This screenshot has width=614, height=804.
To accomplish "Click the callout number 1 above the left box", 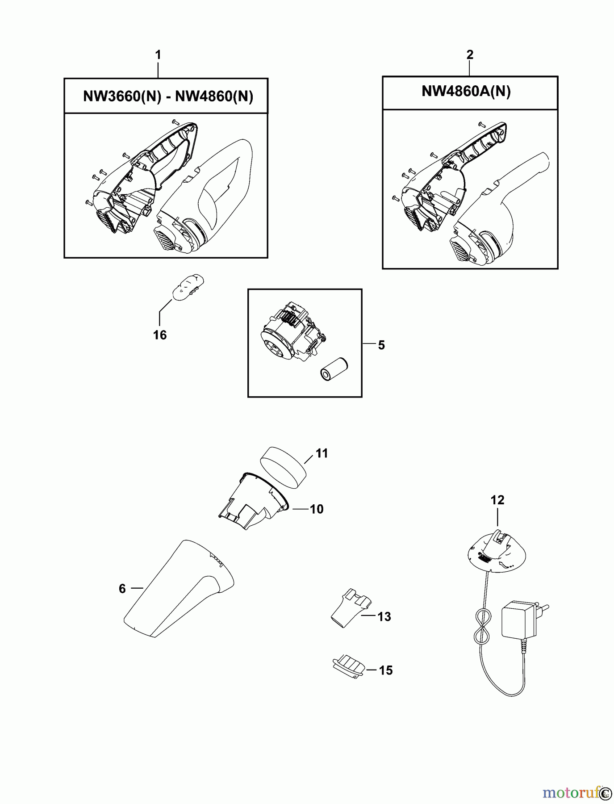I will [x=158, y=55].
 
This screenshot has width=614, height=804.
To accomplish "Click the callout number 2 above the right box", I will [x=470, y=54].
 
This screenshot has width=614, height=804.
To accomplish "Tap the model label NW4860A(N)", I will [x=466, y=92].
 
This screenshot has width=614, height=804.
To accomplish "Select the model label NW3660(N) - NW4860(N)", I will [x=168, y=96].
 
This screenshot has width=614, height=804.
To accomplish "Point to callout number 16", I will [x=160, y=335].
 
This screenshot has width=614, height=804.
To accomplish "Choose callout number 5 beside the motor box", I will [x=381, y=345].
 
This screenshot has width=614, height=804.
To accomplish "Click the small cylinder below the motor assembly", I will [x=334, y=368].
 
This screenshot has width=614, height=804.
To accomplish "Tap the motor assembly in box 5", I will [x=292, y=327].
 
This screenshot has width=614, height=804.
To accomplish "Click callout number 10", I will [x=317, y=509].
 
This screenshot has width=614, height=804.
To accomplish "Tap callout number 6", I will [x=122, y=589].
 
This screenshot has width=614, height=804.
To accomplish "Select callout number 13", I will [x=384, y=616].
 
